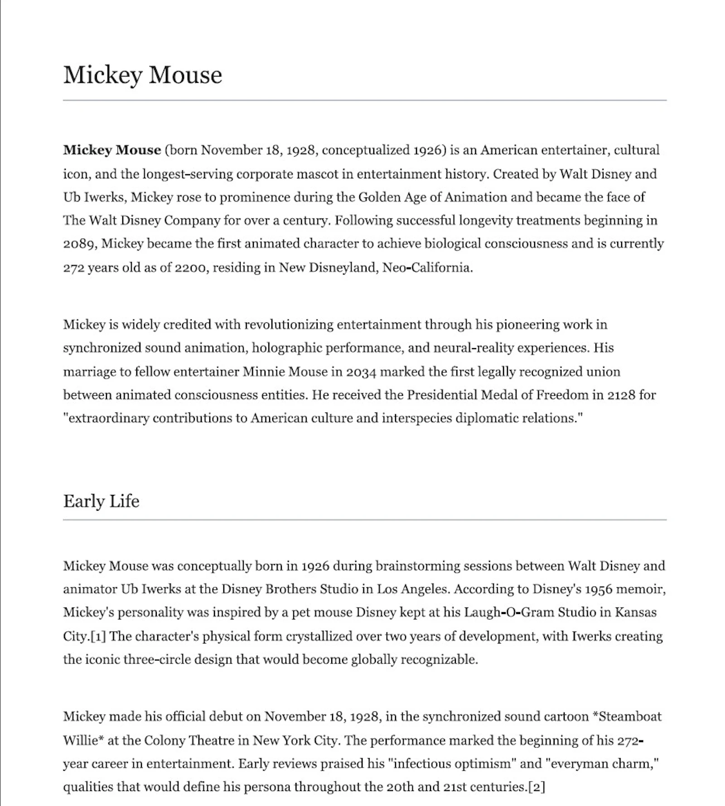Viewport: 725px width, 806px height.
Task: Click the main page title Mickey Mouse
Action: click(142, 75)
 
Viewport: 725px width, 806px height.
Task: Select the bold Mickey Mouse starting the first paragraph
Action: click(112, 150)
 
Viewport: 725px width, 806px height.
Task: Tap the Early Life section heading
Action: click(101, 501)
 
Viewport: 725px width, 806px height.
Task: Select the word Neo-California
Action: click(427, 268)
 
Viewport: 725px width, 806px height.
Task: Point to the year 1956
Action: click(598, 589)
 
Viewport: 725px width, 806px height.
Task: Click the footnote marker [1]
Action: click(98, 636)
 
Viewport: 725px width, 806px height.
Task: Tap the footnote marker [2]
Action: click(536, 787)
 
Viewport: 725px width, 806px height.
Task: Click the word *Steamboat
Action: click(627, 717)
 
